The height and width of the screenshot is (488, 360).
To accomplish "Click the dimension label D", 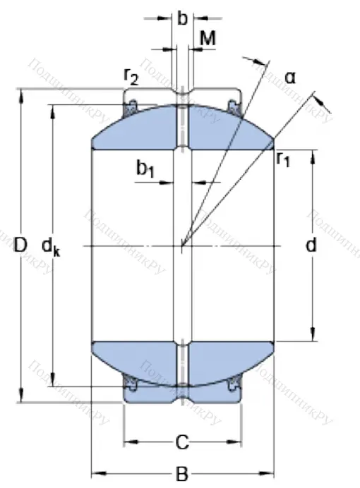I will [20, 245].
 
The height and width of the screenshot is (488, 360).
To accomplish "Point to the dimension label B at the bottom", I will [182, 474].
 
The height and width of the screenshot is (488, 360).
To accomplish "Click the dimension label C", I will [182, 443].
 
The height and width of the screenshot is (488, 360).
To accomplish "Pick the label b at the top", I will [182, 19].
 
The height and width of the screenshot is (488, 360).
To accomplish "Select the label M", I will [208, 39].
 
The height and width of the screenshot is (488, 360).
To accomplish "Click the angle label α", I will [290, 76].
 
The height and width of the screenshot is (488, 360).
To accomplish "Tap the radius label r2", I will [131, 76].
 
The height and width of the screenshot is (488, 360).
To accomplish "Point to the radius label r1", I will [284, 159].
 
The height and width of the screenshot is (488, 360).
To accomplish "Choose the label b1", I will [145, 169].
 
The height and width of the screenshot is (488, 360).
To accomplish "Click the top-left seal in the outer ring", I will [131, 107].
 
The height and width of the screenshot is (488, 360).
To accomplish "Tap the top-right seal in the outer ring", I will [234, 107].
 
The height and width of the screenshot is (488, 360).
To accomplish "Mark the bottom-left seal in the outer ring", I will [131, 384].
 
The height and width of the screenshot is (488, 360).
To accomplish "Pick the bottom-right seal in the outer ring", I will [234, 384].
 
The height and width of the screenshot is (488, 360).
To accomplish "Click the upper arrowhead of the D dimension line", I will [21, 93].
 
